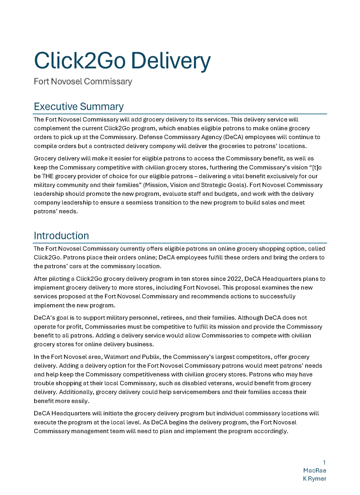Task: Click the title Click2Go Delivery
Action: click(x=122, y=61)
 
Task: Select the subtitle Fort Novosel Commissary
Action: click(x=83, y=81)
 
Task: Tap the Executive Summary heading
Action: click(x=78, y=107)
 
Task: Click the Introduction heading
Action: click(x=61, y=235)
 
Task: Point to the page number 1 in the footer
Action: click(x=324, y=463)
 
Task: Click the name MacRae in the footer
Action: click(x=315, y=470)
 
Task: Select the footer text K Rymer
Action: click(x=314, y=478)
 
